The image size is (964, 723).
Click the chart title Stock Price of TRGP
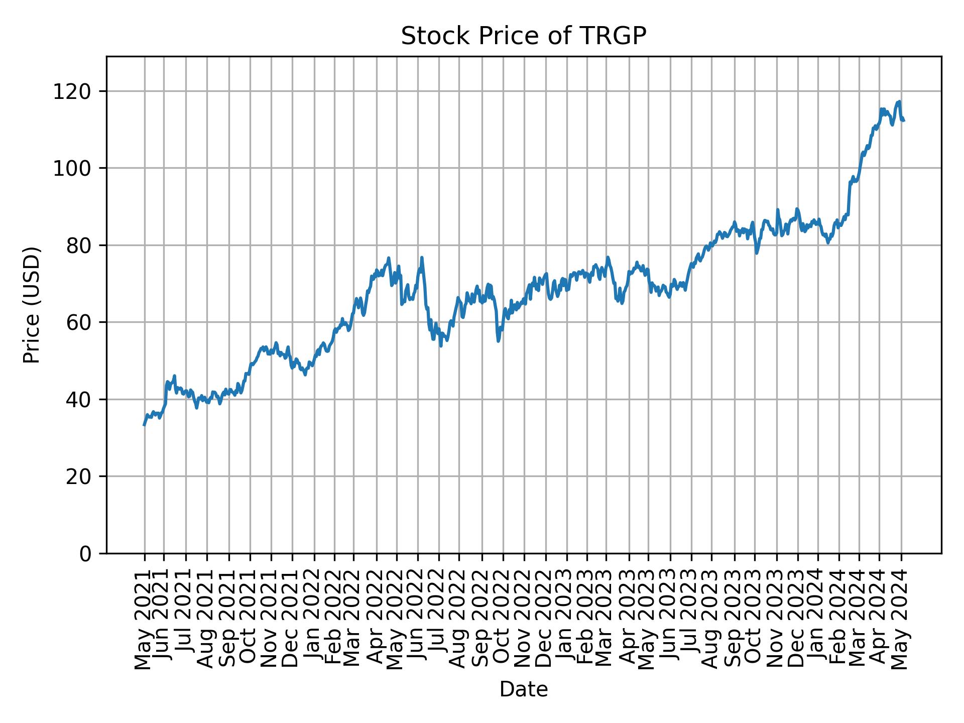coord(523,36)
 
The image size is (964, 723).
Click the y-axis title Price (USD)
coord(32,304)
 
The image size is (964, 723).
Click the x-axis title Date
coord(523,689)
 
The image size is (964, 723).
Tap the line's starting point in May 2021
coord(144,425)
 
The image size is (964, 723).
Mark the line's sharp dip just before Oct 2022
coord(498,341)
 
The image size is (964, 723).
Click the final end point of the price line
coord(904,120)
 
